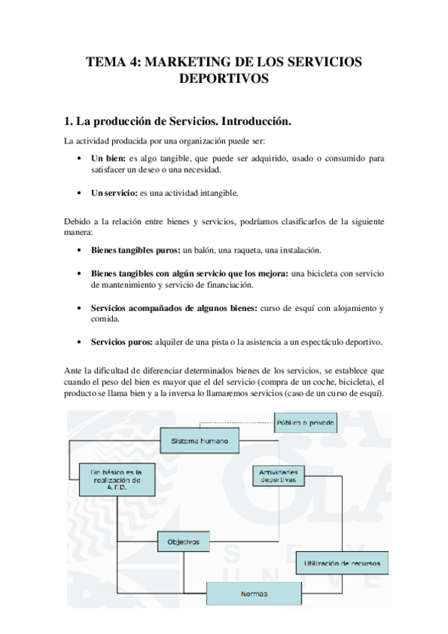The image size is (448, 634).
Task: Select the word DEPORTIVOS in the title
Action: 224,79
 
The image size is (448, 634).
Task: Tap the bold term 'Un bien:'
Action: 108,158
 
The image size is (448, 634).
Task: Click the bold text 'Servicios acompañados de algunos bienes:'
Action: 174,308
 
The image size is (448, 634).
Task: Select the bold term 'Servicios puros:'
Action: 121,342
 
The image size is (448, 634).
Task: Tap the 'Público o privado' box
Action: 305,423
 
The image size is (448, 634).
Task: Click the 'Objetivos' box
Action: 183,541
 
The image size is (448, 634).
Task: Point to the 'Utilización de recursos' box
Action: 343,562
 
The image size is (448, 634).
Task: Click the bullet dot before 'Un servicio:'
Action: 80,193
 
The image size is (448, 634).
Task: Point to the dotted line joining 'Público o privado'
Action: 232,424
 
